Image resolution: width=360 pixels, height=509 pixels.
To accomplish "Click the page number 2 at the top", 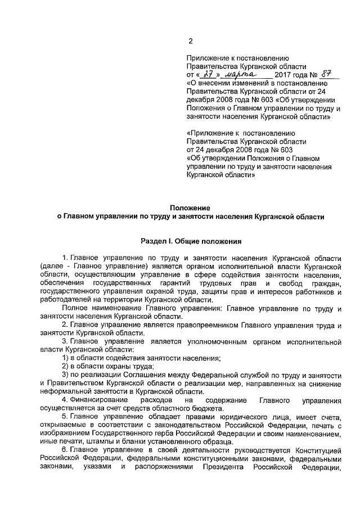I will click(190, 40).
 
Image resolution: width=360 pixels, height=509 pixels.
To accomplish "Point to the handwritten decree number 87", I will click(326, 73).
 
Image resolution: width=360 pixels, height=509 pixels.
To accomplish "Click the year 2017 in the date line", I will click(286, 74).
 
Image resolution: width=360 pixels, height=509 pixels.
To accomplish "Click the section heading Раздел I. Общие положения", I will click(191, 242).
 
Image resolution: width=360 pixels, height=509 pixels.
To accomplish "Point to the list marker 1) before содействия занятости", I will click(66, 358).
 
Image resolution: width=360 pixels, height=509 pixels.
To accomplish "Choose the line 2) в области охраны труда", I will click(107, 366).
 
